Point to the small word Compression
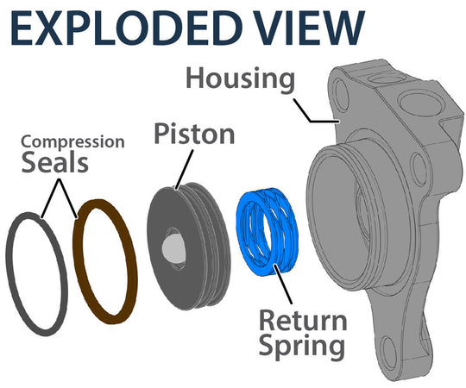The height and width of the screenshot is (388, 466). point(72,141)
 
